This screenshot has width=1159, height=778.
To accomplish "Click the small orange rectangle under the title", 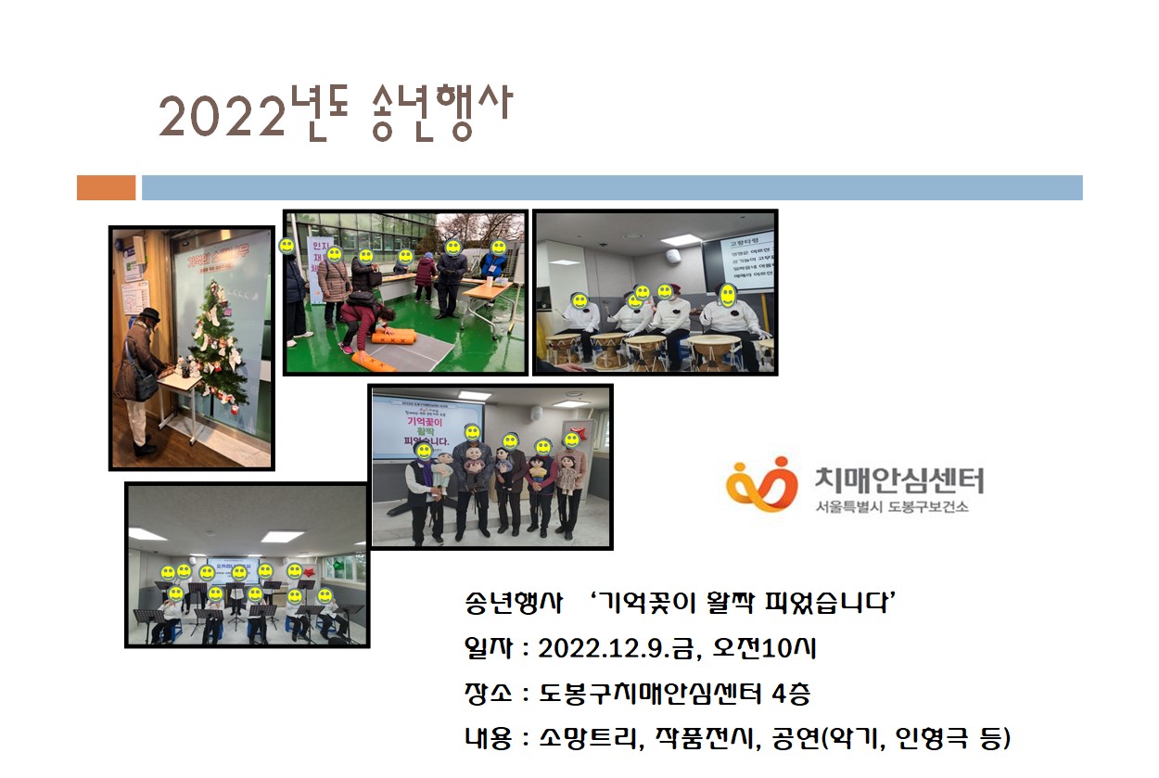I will [x=106, y=187].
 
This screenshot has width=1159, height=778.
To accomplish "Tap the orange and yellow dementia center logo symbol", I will [x=761, y=483].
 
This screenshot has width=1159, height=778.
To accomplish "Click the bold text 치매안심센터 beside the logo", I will [x=898, y=479].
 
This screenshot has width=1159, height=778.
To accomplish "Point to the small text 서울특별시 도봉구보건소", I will [x=892, y=508].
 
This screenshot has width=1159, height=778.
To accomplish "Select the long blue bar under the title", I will [x=611, y=187].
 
